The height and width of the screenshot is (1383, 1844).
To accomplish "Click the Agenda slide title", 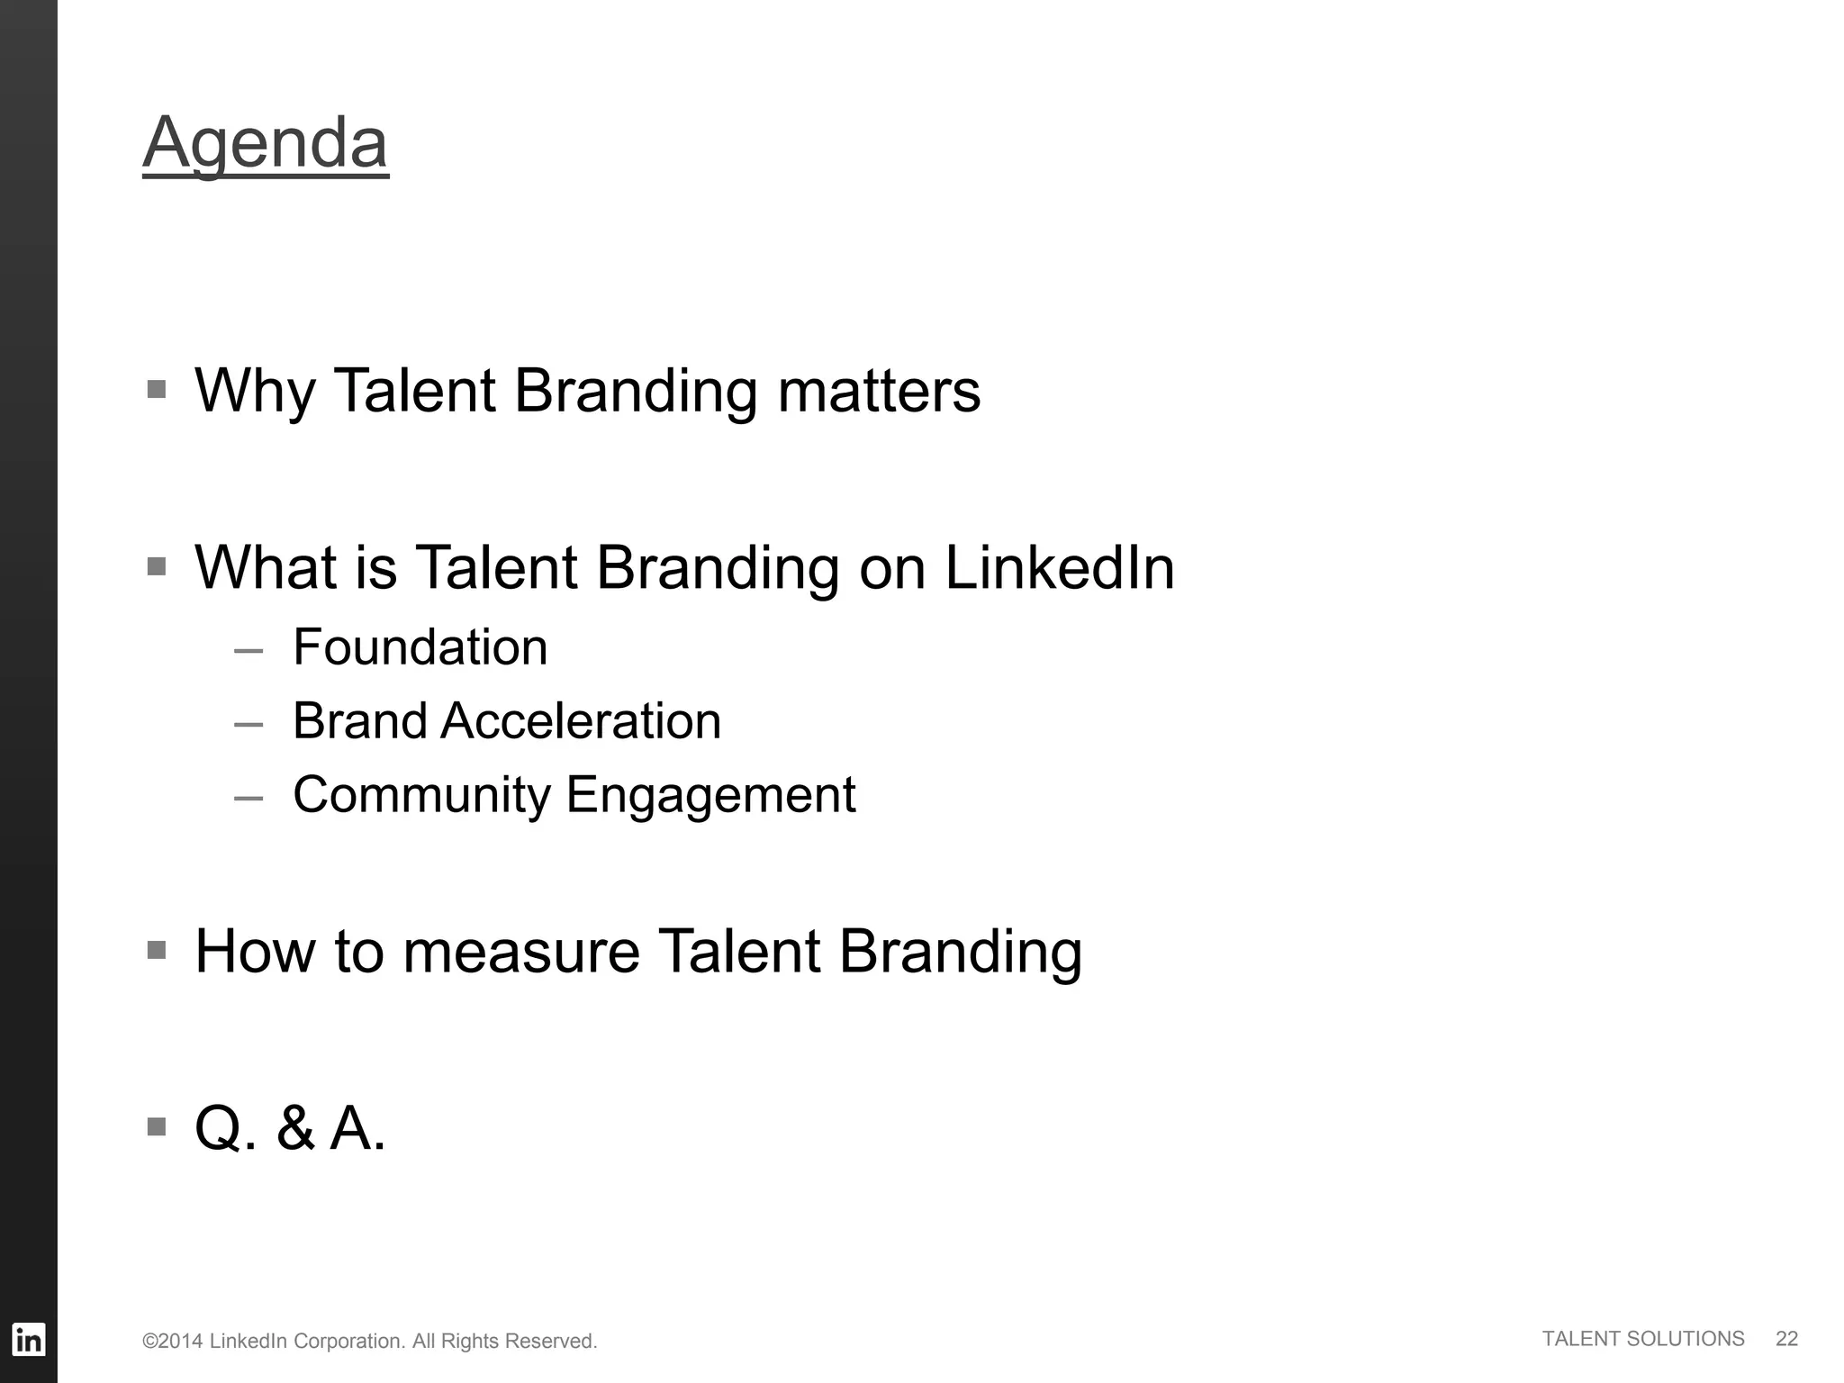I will (266, 142).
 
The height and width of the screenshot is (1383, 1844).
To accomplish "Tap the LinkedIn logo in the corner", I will (28, 1340).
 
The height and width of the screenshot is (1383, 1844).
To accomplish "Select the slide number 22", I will (1786, 1339).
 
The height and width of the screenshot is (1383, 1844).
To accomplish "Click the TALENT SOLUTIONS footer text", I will (1643, 1339).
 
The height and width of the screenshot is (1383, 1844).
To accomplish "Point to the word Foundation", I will (420, 647).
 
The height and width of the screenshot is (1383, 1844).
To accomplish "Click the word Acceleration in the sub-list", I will (581, 721).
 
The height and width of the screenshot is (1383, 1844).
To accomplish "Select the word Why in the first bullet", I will (255, 391).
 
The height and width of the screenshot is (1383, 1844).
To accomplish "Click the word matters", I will (879, 391).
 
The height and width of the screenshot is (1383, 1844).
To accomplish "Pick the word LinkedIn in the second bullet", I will (1060, 568).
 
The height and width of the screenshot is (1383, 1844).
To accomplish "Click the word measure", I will (520, 952).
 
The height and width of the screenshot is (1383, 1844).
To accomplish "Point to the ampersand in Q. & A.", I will (295, 1128).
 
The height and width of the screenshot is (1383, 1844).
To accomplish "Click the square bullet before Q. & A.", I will (157, 1126).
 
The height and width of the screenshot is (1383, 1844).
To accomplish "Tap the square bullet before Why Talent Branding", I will (157, 389).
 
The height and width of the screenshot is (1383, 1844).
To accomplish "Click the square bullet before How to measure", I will (157, 950).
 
